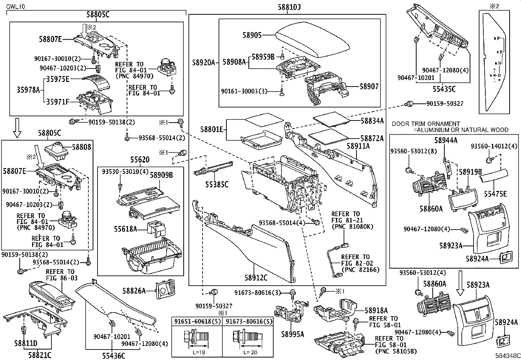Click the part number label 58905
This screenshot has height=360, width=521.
pos(252,35)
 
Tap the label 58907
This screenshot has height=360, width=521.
pos(369,86)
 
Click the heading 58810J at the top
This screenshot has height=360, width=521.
pos(287,7)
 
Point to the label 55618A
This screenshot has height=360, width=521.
pos(125,229)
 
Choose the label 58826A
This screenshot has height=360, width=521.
pos(134,291)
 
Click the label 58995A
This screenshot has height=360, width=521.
pos(292,334)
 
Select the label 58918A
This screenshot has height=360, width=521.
pos(376,310)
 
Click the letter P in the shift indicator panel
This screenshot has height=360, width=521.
pos(498,38)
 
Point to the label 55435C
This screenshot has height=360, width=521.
pos(444,88)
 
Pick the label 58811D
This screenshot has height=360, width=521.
pos(26,343)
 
